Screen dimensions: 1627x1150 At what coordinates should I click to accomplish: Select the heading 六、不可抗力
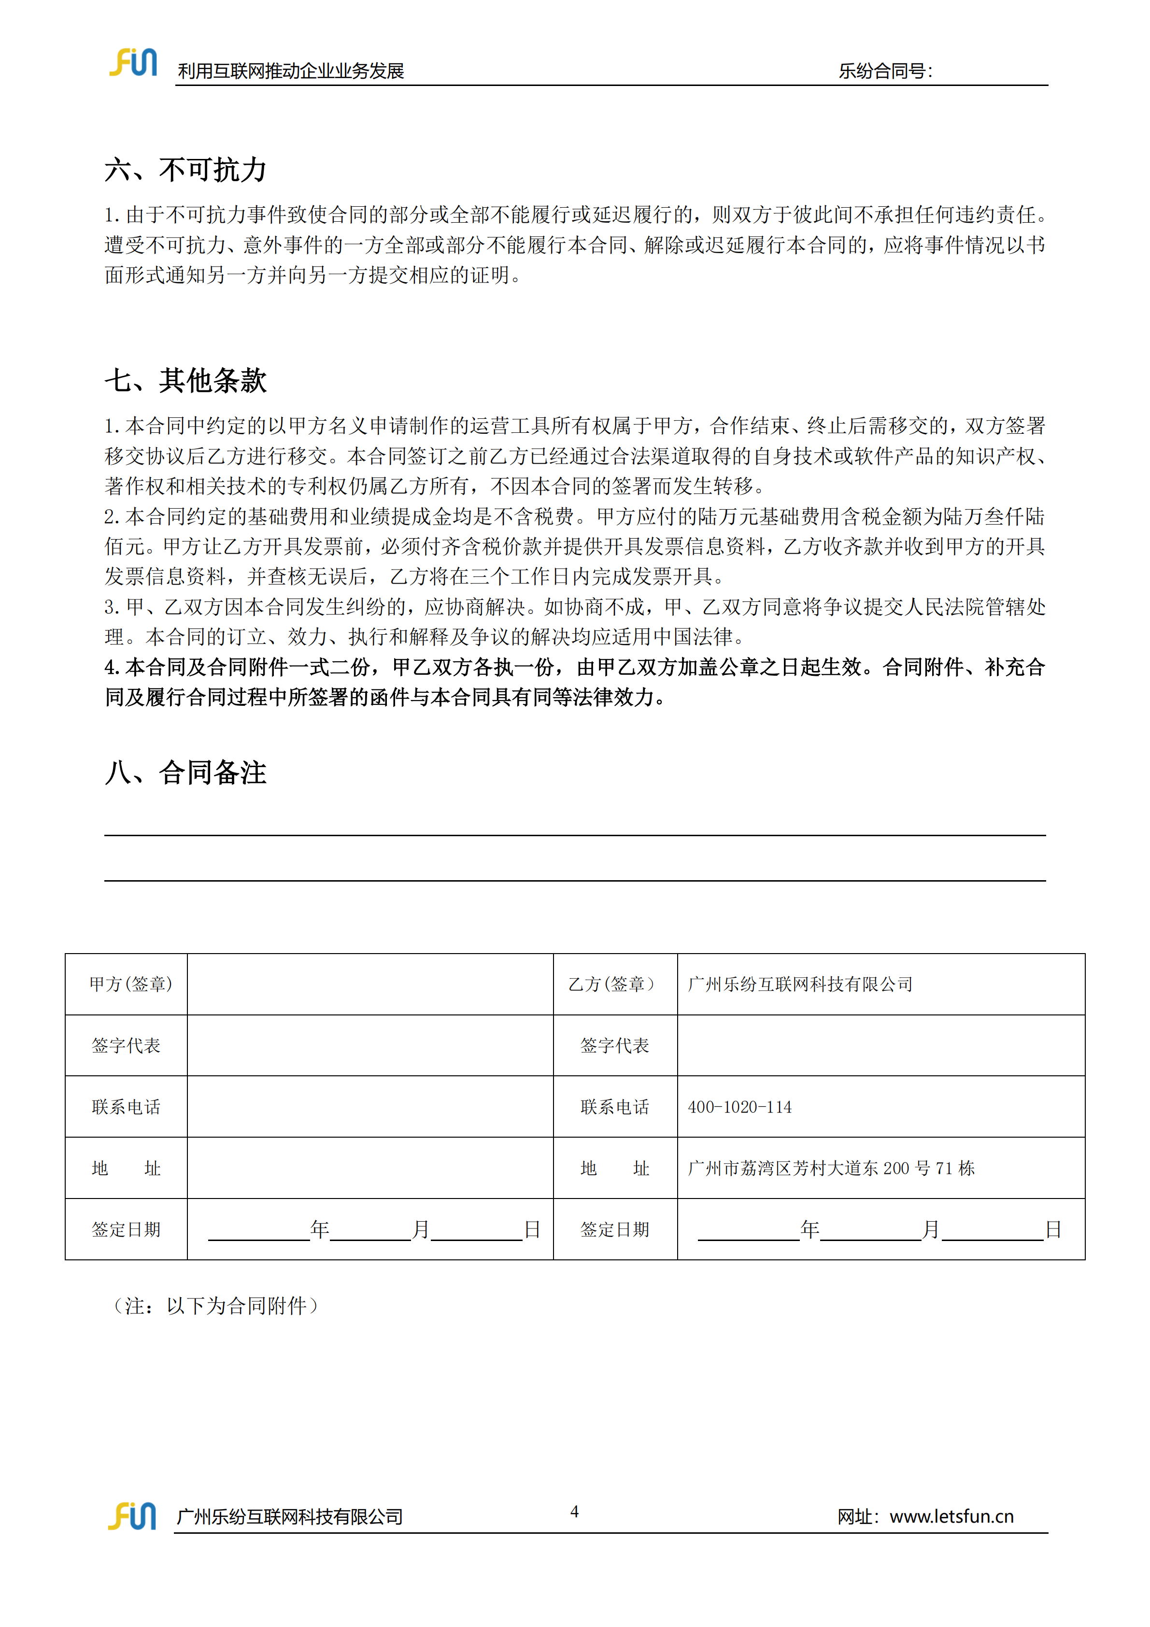[185, 170]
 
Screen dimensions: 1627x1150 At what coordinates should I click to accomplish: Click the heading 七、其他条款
[185, 381]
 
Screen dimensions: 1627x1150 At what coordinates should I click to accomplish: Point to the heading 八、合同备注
[185, 772]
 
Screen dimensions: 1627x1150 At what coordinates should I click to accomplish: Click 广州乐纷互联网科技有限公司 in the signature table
[800, 985]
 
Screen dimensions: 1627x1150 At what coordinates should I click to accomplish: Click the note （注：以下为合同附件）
[215, 1305]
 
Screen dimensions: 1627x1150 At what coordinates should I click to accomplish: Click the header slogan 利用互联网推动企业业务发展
[290, 71]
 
